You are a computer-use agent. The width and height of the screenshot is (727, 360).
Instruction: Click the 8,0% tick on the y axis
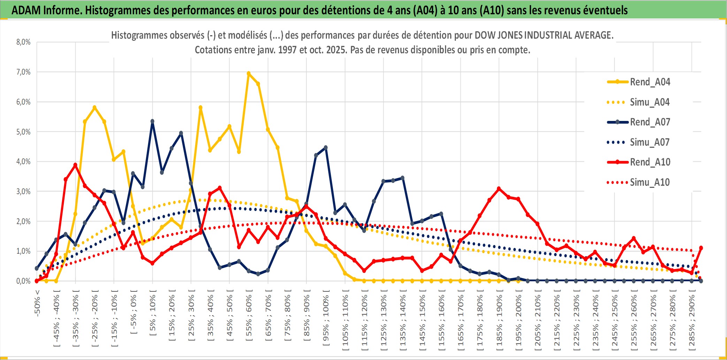(x=23, y=42)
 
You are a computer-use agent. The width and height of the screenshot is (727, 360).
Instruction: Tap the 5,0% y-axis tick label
(x=23, y=132)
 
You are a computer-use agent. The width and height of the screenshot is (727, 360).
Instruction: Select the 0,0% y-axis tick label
(x=23, y=281)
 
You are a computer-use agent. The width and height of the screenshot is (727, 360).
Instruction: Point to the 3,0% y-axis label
(x=23, y=191)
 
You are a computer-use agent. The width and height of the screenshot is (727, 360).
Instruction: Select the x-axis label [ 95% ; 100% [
(x=326, y=321)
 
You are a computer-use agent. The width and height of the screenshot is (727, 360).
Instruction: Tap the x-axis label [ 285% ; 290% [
(x=692, y=322)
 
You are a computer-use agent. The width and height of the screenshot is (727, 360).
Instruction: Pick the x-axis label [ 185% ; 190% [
(x=499, y=322)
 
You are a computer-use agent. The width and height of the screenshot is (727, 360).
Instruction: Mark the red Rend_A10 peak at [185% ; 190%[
(x=499, y=189)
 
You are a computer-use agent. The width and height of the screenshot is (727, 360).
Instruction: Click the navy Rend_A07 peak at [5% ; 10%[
(x=152, y=121)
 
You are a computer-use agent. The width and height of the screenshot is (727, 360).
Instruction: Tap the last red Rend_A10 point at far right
(x=701, y=248)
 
